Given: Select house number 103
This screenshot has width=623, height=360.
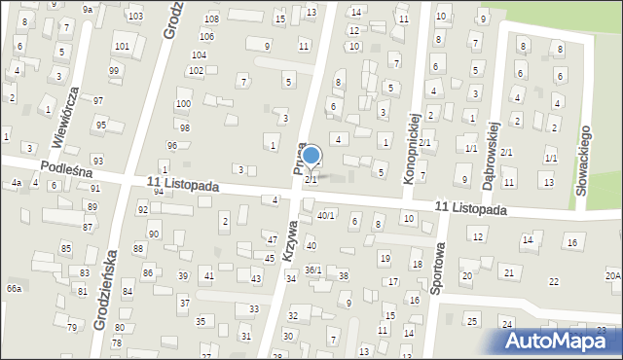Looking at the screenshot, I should pyautogui.click(x=134, y=17).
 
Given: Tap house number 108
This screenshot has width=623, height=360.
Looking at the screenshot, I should pyautogui.click(x=211, y=19).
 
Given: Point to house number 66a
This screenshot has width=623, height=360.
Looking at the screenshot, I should pyautogui.click(x=14, y=289).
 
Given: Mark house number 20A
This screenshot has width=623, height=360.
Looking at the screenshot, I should pyautogui.click(x=612, y=276).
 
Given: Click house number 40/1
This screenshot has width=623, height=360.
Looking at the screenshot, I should pyautogui.click(x=326, y=216).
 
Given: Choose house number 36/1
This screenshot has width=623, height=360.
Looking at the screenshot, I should pyautogui.click(x=312, y=270).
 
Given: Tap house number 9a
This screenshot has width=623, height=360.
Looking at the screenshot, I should pyautogui.click(x=88, y=9).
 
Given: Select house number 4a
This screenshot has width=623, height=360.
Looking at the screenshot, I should pyautogui.click(x=16, y=183).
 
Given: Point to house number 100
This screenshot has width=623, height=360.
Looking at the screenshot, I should pyautogui.click(x=182, y=103).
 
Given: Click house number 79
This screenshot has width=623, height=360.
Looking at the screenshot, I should pyautogui.click(x=72, y=327).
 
